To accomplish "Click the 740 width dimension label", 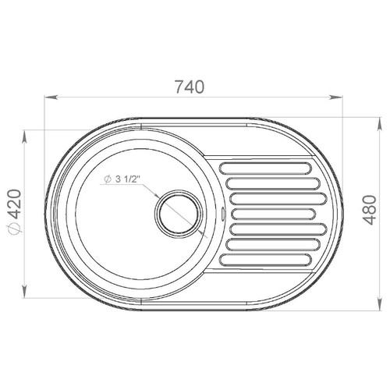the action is [190, 87].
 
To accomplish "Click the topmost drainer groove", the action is [265, 168].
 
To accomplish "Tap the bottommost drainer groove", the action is [265, 260].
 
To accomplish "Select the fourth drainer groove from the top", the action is [274, 214].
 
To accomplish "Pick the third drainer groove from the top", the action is [278, 199].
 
